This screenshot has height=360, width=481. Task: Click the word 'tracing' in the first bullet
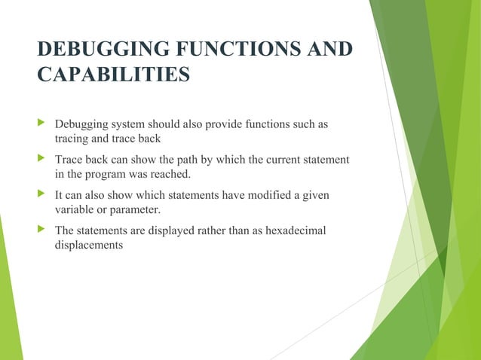(x=72, y=139)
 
